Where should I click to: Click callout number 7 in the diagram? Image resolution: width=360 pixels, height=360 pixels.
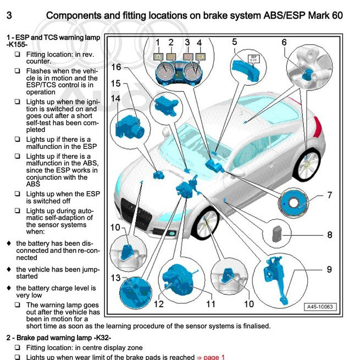(x=330, y=195)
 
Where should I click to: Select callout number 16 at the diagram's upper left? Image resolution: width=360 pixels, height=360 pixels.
(x=116, y=67)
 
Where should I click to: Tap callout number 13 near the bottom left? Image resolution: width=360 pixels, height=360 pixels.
(x=114, y=278)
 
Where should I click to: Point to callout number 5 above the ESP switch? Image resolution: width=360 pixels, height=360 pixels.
(x=235, y=42)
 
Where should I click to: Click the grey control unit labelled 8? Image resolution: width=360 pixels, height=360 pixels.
(x=275, y=235)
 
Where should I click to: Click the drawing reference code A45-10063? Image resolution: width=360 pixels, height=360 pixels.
(x=320, y=307)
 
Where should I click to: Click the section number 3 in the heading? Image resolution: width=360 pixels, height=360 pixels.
(x=9, y=15)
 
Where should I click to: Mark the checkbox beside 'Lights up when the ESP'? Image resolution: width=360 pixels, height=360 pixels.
(x=18, y=194)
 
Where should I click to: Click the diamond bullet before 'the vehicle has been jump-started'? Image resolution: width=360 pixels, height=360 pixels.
(x=8, y=269)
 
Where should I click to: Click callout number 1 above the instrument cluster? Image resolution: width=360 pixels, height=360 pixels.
(x=157, y=42)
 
